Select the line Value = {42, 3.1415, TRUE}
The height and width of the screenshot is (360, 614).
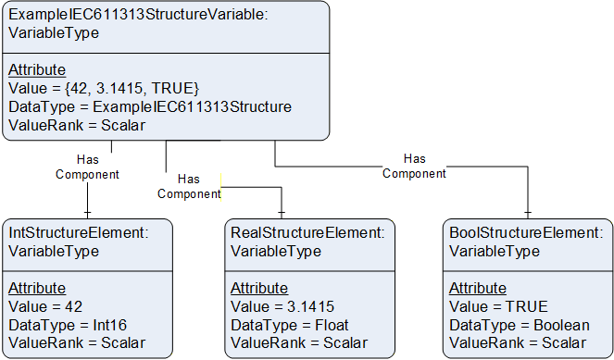(x=104, y=88)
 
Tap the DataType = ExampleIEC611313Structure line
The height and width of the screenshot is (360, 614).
(x=150, y=106)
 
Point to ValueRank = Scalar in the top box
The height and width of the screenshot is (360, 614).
(x=77, y=125)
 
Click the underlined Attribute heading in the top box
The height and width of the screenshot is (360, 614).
(x=37, y=69)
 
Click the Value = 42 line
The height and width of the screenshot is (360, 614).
(x=45, y=306)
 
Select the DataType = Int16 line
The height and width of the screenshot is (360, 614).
(x=68, y=325)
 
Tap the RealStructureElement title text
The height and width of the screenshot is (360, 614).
(x=307, y=232)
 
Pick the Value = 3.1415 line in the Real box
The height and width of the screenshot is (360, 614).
(x=282, y=306)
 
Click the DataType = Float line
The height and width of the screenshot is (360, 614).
(x=289, y=325)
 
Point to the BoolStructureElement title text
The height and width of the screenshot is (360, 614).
(x=526, y=232)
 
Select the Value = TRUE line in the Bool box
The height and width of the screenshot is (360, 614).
(x=498, y=306)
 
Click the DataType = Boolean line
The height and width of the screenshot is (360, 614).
(x=520, y=325)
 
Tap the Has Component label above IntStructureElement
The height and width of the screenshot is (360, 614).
(x=87, y=168)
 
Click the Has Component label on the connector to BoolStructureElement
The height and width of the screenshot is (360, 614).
(x=414, y=167)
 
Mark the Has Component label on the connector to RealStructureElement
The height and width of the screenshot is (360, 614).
(x=189, y=187)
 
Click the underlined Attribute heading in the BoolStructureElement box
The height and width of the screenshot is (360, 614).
(x=478, y=288)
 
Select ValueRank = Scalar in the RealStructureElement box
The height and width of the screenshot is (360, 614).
(x=299, y=342)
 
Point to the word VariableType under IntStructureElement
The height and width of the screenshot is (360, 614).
(x=54, y=251)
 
